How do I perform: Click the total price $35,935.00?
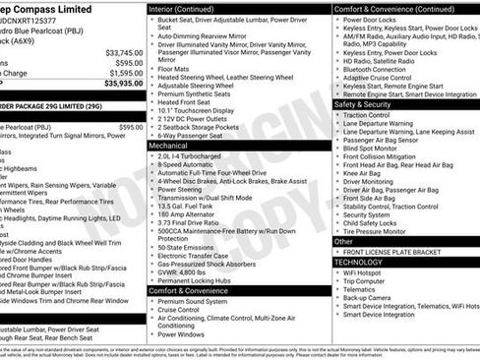[x=117, y=85]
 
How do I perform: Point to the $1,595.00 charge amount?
[x=124, y=73]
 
